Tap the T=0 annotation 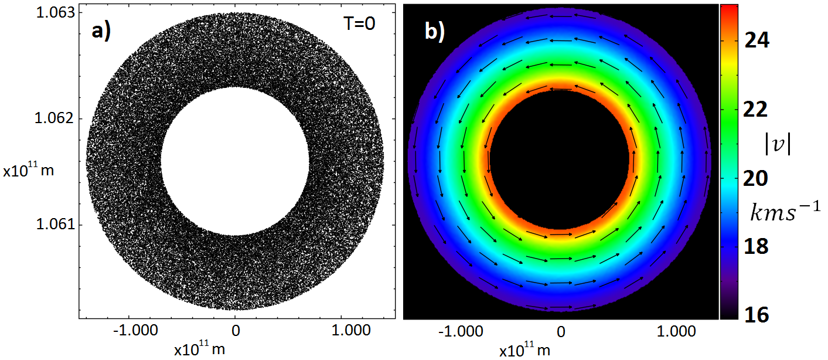[x=359, y=24]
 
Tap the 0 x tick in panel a [x=236, y=331]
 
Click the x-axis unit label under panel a [x=199, y=349]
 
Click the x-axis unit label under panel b [x=525, y=350]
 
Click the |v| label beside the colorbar [x=778, y=144]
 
